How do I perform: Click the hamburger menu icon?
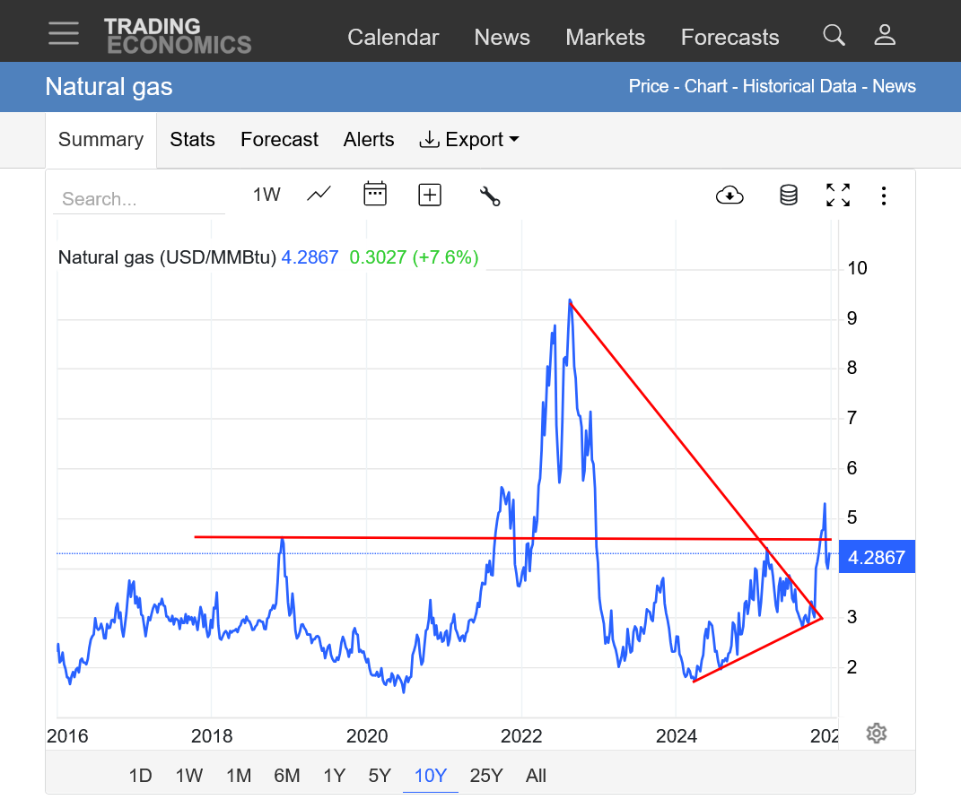click(64, 33)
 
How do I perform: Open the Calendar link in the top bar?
click(393, 38)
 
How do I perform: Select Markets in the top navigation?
click(605, 38)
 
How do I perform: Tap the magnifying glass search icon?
click(834, 36)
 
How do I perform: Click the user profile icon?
click(885, 36)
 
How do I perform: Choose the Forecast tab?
click(279, 140)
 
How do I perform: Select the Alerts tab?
click(369, 140)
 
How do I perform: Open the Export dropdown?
click(469, 140)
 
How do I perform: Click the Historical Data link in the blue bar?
click(801, 87)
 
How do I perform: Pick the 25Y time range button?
click(486, 776)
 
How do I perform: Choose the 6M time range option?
click(287, 776)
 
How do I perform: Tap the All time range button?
click(536, 776)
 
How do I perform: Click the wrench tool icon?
click(490, 195)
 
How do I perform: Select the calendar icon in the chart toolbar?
click(375, 194)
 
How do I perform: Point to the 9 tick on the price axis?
click(851, 318)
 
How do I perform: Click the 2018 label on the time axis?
click(212, 737)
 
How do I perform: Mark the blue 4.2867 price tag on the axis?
click(876, 558)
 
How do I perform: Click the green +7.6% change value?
click(445, 258)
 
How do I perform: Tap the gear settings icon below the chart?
click(877, 734)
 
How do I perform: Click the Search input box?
click(139, 199)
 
